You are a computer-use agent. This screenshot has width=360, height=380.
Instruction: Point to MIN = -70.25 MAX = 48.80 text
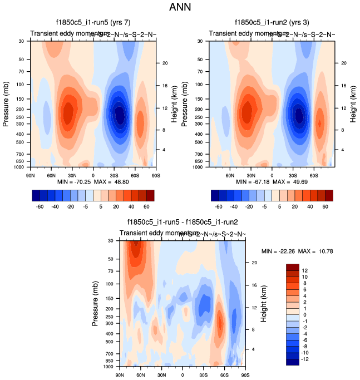pos(92,182)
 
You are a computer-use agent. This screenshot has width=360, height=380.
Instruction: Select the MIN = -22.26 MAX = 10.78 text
pos(297,251)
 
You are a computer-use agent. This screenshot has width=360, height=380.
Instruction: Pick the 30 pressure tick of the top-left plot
pos(21,41)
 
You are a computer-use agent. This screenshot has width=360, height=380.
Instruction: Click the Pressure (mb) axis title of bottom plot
pos(95,304)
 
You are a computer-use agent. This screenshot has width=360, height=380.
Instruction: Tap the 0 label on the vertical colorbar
pos(304,315)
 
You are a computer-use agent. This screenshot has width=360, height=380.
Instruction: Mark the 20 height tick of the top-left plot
pos(165,63)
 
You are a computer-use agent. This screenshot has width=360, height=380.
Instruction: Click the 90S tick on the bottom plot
pos(245,375)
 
